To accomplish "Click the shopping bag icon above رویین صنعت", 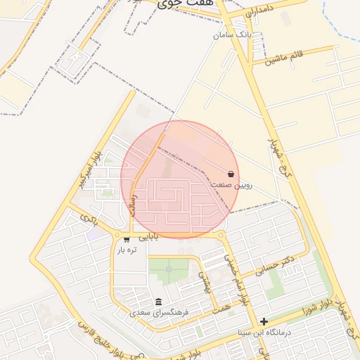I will [x=231, y=174].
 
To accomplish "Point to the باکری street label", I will [x=87, y=220].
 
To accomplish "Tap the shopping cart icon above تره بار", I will [x=126, y=240].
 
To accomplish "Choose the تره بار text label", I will [x=126, y=250].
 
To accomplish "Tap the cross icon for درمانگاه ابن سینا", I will [x=264, y=321].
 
